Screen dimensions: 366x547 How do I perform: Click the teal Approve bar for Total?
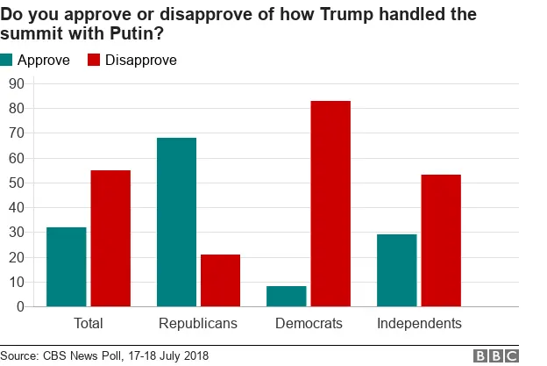tap(67, 267)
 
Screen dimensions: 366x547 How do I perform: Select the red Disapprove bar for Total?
tap(110, 238)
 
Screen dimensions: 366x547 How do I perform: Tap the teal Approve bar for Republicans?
tap(176, 222)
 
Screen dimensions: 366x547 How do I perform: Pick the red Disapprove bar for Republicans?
tap(220, 280)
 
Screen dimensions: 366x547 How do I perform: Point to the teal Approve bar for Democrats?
tap(287, 296)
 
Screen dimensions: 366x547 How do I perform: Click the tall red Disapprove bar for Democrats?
tap(330, 204)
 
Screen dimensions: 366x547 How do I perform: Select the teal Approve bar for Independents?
tap(396, 270)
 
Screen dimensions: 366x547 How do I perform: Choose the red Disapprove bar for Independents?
tap(440, 240)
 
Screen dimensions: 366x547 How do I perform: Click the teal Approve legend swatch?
tap(8, 61)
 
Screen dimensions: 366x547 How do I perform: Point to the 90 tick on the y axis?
tap(16, 84)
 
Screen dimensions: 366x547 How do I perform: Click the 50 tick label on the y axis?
tap(16, 183)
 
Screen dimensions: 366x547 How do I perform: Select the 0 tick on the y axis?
tap(19, 306)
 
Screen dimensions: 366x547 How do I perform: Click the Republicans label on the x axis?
tap(198, 324)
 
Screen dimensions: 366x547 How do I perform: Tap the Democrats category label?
tap(308, 324)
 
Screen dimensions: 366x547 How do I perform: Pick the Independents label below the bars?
tap(419, 324)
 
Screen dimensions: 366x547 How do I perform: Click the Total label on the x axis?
tap(88, 324)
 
